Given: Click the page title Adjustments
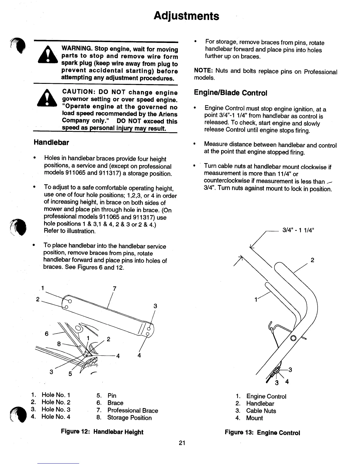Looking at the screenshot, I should (187, 16).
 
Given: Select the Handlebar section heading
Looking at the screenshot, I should (51, 142).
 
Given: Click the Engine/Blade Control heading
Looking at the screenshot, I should (231, 93).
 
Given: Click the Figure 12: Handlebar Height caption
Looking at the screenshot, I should (102, 432).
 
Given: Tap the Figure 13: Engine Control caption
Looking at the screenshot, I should (262, 432).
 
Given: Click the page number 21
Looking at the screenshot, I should (182, 443).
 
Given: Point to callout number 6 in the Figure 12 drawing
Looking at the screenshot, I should (46, 334).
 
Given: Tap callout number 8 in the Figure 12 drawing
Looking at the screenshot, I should (59, 343).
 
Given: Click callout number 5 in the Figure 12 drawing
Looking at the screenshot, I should (70, 374).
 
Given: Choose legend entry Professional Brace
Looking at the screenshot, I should (132, 410).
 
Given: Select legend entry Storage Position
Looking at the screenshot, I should (129, 418).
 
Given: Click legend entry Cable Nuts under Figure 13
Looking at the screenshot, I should (261, 411).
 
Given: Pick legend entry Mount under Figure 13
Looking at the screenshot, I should (254, 418).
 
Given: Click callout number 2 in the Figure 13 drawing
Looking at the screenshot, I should (312, 260).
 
